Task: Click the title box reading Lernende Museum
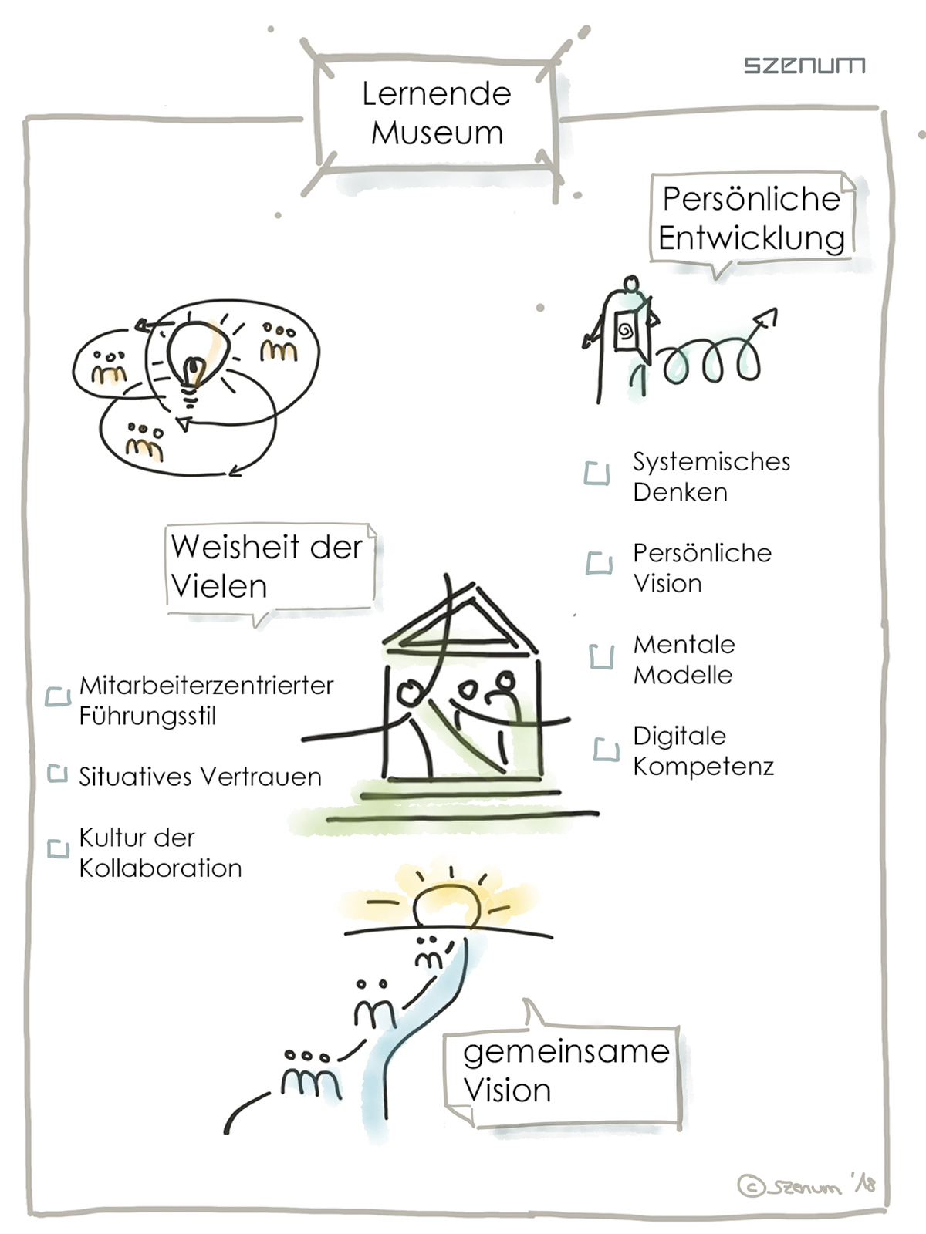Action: (437, 113)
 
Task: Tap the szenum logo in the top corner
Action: (804, 66)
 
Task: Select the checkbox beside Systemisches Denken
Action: (596, 474)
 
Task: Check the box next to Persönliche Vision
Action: (599, 563)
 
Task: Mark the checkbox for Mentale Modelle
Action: (601, 656)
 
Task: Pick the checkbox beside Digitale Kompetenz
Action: (606, 749)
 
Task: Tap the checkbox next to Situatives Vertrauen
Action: (58, 773)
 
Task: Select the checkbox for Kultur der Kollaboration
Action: (58, 848)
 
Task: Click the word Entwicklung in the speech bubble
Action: (752, 238)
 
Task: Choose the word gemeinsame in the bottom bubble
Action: (566, 1052)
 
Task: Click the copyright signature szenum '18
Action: (806, 1185)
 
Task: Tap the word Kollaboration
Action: (161, 868)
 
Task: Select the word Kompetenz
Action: (703, 767)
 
